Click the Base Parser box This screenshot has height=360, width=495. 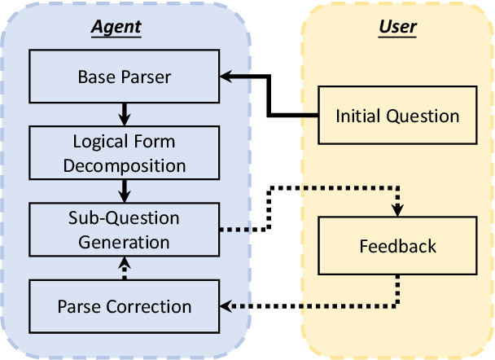click(125, 77)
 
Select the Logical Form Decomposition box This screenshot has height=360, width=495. click(125, 153)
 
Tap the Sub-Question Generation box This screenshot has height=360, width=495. click(125, 230)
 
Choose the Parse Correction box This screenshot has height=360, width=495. click(125, 306)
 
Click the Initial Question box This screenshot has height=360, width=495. click(397, 115)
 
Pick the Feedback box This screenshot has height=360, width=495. click(397, 246)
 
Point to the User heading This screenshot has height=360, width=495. click(397, 27)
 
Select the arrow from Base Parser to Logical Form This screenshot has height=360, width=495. click(125, 111)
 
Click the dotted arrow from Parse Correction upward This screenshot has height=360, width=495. click(125, 267)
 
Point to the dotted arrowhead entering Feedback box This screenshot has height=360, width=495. click(397, 211)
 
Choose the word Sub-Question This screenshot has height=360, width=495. click(125, 218)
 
